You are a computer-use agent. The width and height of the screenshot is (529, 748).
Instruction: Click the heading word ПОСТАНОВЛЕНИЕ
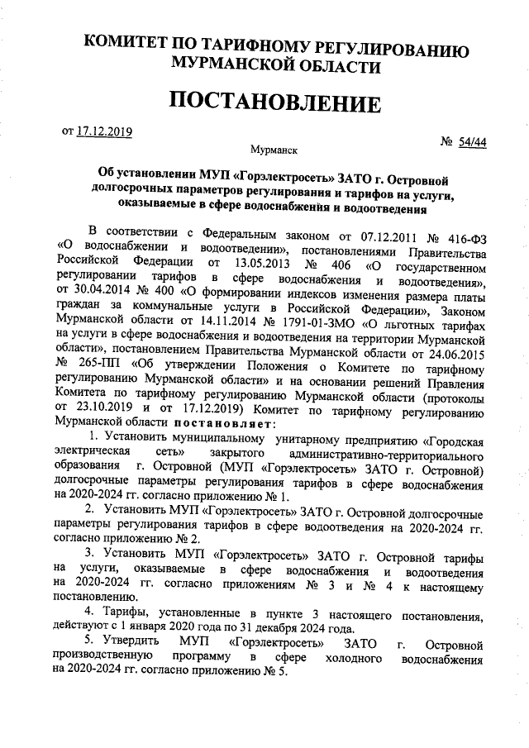coord(275,103)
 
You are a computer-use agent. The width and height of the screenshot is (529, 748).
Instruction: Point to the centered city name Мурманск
coord(275,150)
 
